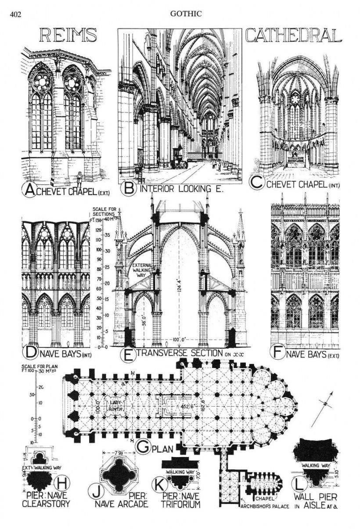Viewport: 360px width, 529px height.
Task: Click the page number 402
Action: [15, 14]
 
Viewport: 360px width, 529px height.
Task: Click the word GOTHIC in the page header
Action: [186, 14]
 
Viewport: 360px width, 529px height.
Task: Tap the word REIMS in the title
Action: [68, 36]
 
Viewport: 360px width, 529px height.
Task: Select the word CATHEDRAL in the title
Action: [293, 36]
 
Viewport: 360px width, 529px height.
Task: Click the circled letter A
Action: [31, 190]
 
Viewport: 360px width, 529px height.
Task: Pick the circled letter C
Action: [257, 182]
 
